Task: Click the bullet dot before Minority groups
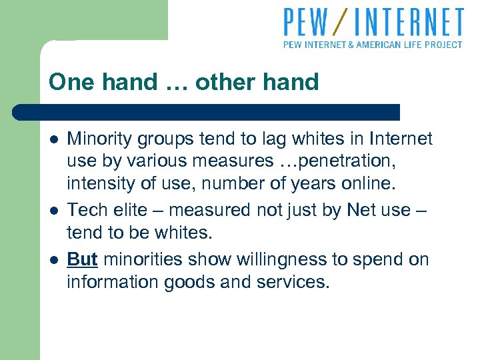tap(53, 139)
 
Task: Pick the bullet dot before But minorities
tap(53, 259)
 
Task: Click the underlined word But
tap(82, 259)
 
